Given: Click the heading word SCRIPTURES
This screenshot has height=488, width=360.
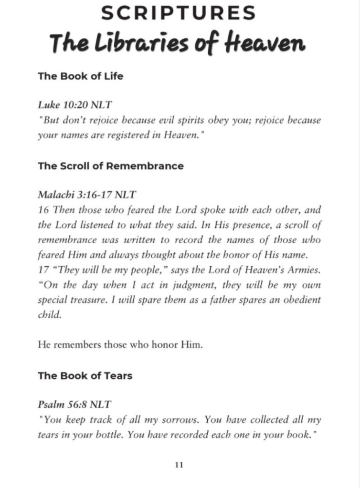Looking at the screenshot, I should coord(179,13).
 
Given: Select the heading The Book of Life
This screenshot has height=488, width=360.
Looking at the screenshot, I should coord(80,76).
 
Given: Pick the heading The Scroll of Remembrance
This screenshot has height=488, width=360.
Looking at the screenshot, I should coord(111,166).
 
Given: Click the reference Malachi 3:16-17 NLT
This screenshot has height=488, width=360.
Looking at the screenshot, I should coord(86,195).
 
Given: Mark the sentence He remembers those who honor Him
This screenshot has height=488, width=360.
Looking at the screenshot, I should coord(120,344).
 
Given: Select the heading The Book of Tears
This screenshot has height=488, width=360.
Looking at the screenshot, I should coord(85,375).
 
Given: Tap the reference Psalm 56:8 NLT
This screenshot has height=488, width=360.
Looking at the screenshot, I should coord(74,405).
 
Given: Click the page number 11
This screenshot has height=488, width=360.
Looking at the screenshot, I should coord(180,465).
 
